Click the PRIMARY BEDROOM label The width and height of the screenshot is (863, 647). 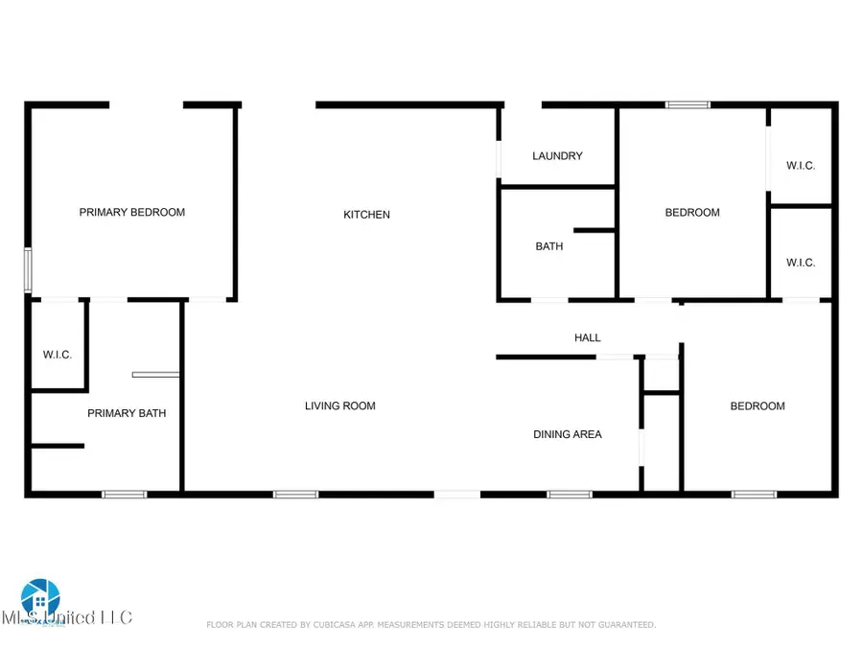(131, 213)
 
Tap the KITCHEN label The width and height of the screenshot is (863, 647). (367, 215)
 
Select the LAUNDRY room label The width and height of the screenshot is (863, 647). (557, 156)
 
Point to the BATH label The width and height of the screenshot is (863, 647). (549, 246)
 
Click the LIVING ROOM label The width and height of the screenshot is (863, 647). (340, 406)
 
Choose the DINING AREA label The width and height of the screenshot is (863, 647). (568, 434)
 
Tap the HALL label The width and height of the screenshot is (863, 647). (588, 337)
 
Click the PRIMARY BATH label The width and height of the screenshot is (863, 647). (127, 414)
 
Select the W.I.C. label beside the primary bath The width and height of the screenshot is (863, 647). (58, 356)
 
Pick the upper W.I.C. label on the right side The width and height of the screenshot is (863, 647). (801, 166)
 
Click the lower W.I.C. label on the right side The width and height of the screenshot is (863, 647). (801, 263)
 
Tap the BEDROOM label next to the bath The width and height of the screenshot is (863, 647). (692, 213)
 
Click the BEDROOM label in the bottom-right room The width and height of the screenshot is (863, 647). (758, 406)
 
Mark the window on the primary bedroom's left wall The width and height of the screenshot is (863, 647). (28, 271)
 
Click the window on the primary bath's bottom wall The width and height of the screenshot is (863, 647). (125, 495)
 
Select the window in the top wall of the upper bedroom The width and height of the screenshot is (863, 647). (688, 104)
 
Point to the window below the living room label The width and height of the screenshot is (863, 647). (295, 495)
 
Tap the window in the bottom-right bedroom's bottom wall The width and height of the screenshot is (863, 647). (754, 495)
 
